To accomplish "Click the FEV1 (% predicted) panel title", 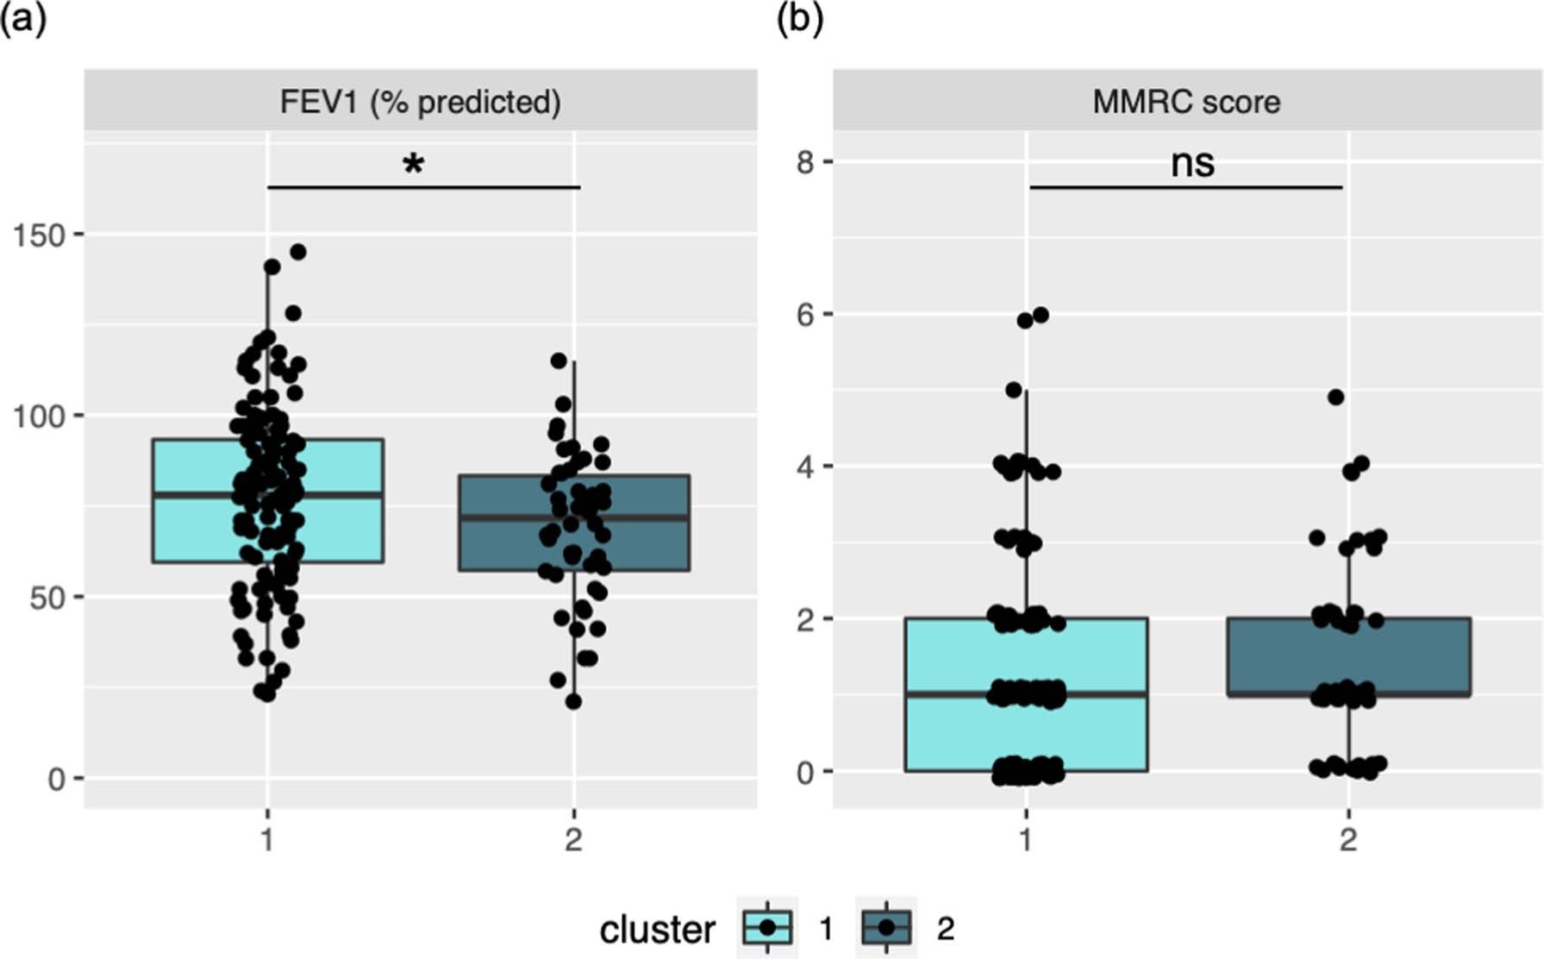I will point(420,102).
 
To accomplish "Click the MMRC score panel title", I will point(1186,102).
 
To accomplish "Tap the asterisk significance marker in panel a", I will point(414,164).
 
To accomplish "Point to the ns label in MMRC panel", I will point(1192,163).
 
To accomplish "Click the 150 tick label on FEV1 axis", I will point(39,235).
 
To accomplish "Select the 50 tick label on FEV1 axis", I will point(47,598).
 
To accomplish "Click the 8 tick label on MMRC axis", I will point(805,162).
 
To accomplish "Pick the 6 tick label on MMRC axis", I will point(805,315).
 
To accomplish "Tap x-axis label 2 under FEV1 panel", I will point(573,838).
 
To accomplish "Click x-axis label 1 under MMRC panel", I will point(1026,838).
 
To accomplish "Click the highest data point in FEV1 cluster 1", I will point(298,252).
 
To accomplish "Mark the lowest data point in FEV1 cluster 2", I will point(573,702).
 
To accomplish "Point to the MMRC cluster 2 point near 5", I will point(1336,398).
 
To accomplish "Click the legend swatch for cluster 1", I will point(767,928).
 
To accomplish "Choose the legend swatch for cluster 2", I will point(886,928).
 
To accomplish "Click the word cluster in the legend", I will point(657,930).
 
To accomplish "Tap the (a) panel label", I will point(23,19).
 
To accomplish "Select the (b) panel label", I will point(799,19).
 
